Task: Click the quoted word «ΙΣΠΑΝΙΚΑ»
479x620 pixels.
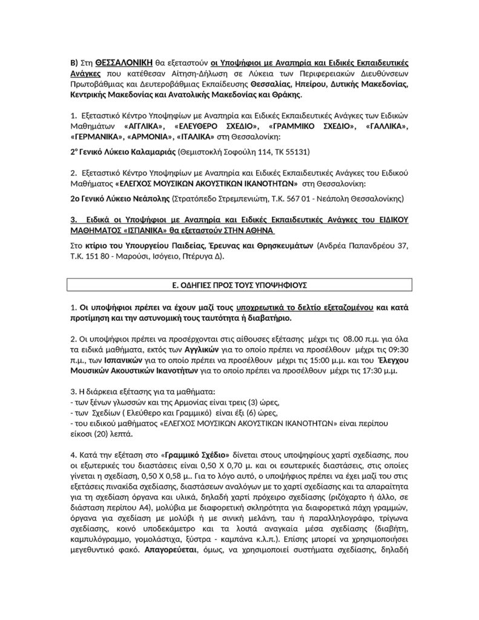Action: pyautogui.click(x=149, y=230)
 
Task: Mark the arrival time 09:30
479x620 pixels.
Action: pyautogui.click(x=396, y=349)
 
